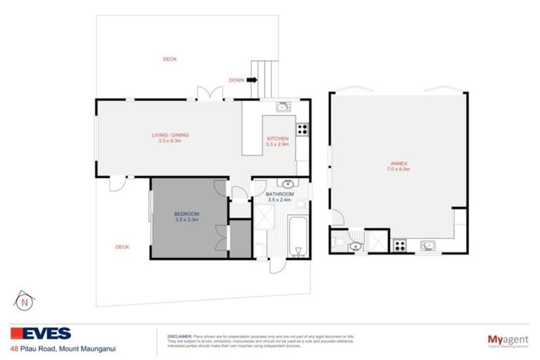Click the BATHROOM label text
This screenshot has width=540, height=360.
(279, 194)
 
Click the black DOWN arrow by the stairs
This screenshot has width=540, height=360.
(252, 80)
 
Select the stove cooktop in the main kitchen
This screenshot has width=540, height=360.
(302, 129)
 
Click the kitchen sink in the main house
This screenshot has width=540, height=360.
(283, 107)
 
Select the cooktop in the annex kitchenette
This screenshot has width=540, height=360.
(400, 245)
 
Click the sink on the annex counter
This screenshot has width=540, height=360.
(427, 245)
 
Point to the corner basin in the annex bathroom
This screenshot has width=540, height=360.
(354, 246)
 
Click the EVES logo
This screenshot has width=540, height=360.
(40, 334)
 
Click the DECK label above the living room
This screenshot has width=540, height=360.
(169, 59)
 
